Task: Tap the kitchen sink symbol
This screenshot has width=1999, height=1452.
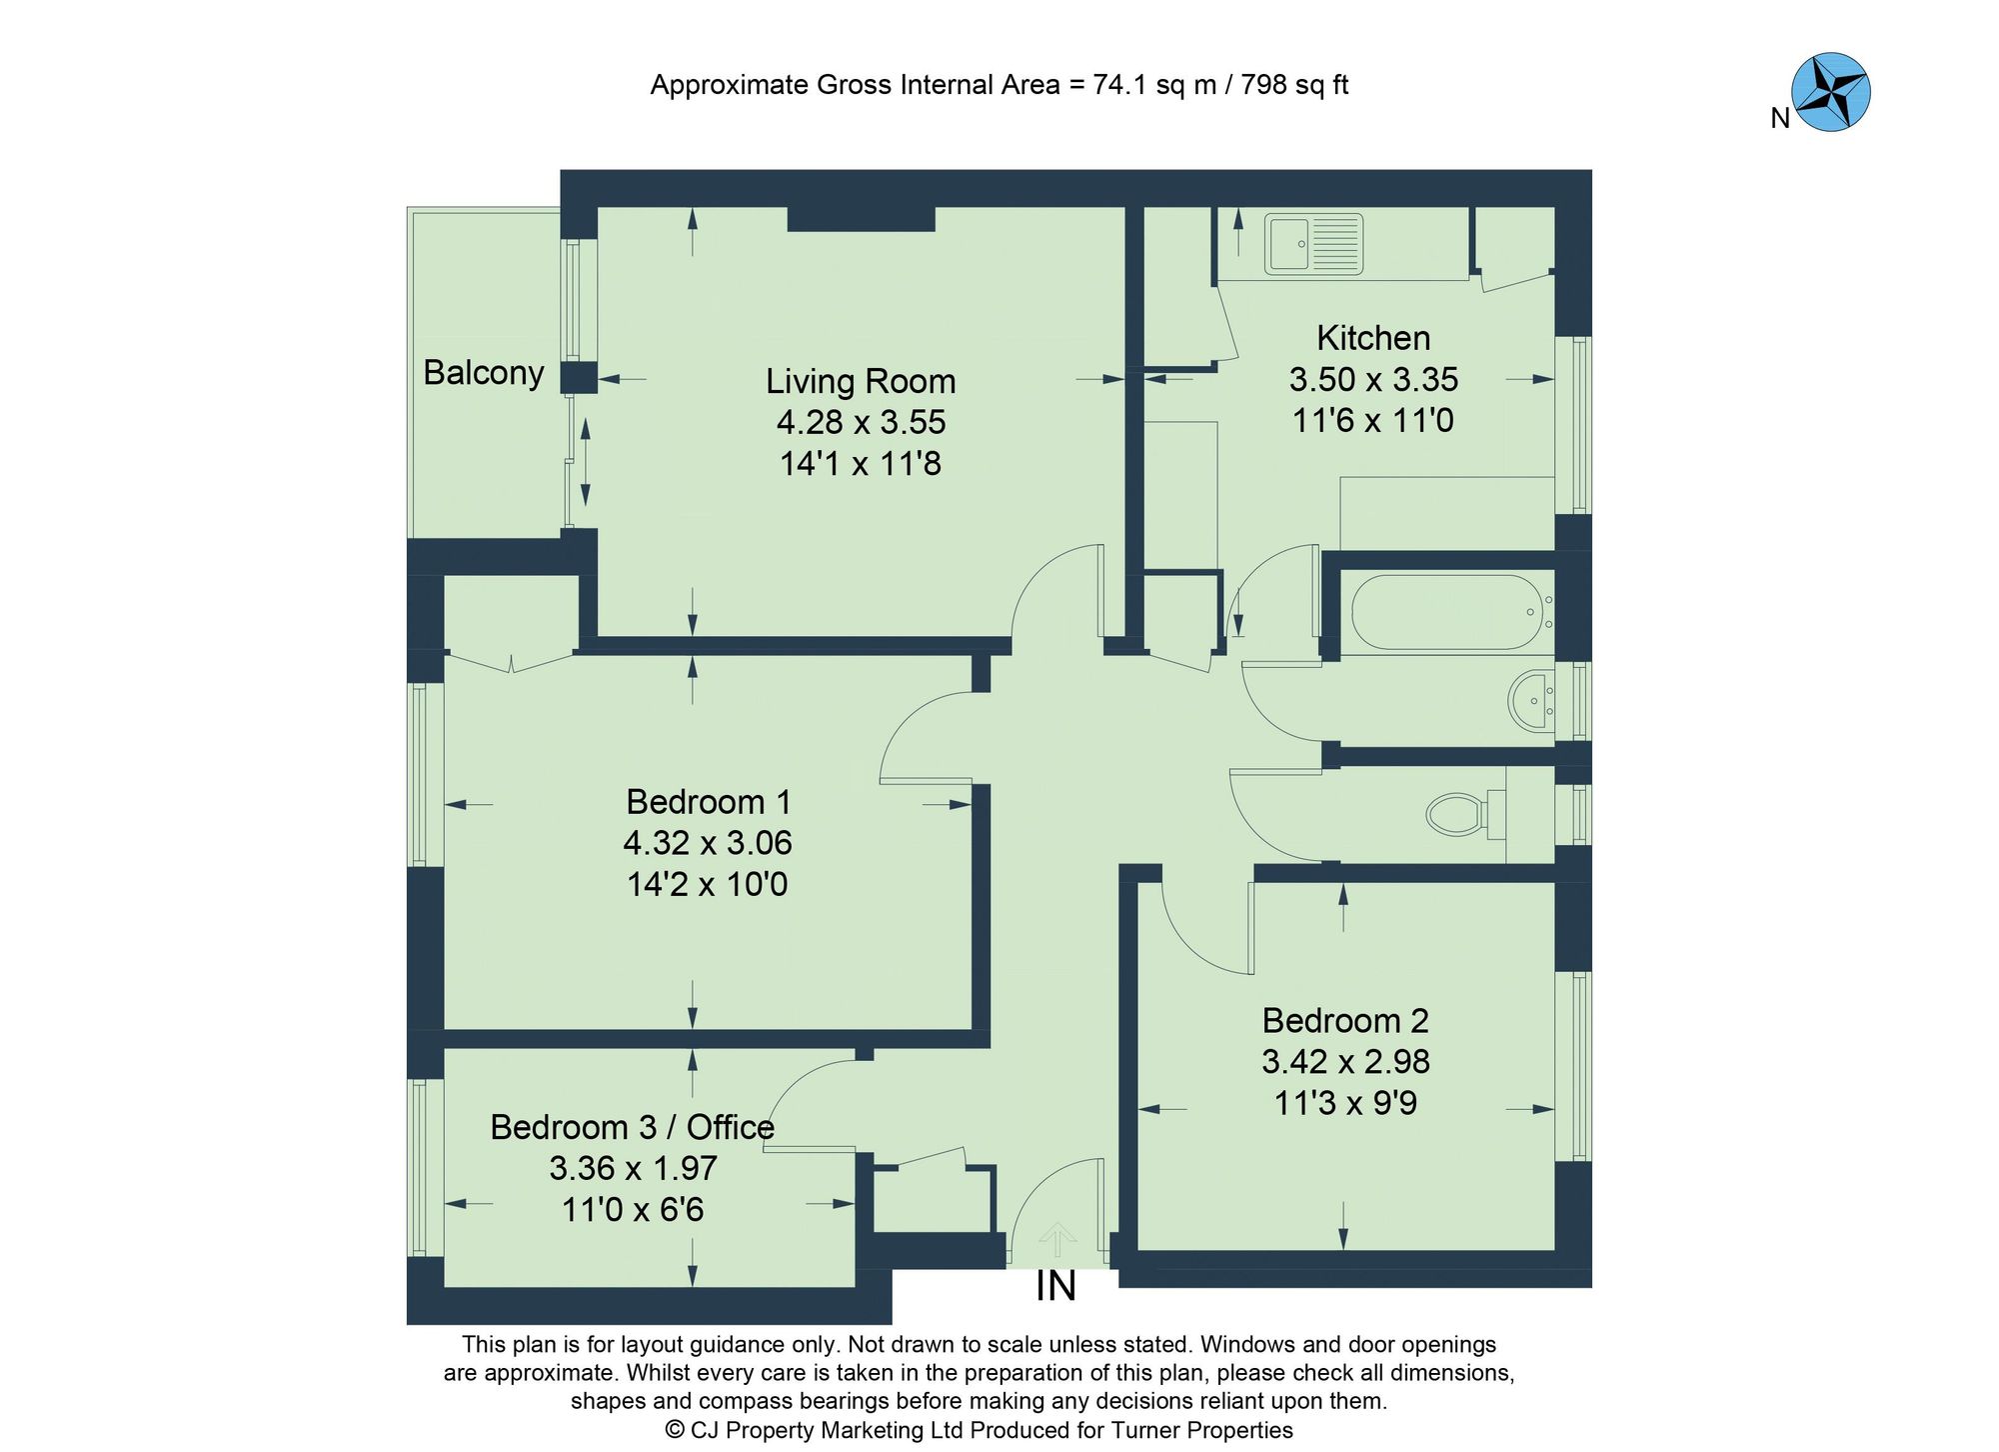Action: coord(1313,243)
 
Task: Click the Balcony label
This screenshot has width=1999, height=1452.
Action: coord(484,372)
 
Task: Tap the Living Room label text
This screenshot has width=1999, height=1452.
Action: coord(861,381)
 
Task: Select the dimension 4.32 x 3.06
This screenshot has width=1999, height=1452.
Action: coord(707,843)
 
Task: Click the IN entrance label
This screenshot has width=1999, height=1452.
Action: coord(1055,1287)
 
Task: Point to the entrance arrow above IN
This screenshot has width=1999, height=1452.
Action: coord(1056,1240)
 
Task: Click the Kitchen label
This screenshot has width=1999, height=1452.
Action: coord(1372,338)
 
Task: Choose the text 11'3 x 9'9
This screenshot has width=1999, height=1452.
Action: coord(1345,1103)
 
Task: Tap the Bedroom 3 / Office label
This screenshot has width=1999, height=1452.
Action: coord(632,1127)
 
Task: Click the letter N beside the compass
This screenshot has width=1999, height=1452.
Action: coord(1779,119)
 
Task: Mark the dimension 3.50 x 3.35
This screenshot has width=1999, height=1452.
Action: coord(1372,380)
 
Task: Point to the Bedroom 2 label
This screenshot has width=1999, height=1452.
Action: coord(1345,1020)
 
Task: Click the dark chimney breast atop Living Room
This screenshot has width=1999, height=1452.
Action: coord(861,218)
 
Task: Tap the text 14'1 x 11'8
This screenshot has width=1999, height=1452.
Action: coord(861,464)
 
